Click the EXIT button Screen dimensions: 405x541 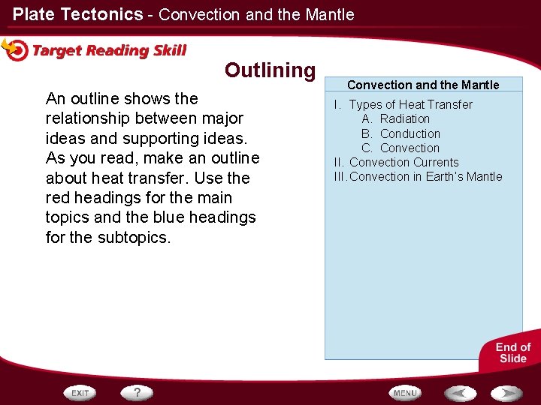pyautogui.click(x=80, y=392)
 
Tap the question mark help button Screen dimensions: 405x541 pyautogui.click(x=138, y=392)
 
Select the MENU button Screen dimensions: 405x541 pyautogui.click(x=404, y=392)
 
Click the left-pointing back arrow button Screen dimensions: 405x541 pyautogui.click(x=459, y=392)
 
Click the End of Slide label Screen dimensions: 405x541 pyautogui.click(x=513, y=352)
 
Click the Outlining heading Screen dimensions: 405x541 pyautogui.click(x=270, y=70)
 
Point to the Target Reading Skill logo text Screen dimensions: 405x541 pyautogui.click(x=109, y=51)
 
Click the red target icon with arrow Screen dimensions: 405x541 pyautogui.click(x=15, y=49)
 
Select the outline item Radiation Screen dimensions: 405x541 pyautogui.click(x=404, y=118)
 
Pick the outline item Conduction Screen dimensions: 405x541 pyautogui.click(x=410, y=133)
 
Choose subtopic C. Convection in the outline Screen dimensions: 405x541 pyautogui.click(x=410, y=148)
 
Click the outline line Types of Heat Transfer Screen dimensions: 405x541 pyautogui.click(x=410, y=104)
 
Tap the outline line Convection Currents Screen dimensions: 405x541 pyautogui.click(x=403, y=162)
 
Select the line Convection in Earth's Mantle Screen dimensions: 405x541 pyautogui.click(x=425, y=176)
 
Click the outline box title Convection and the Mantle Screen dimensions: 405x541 pyautogui.click(x=423, y=85)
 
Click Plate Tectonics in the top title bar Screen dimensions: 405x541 pyautogui.click(x=77, y=14)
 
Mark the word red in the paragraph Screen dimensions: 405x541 pyautogui.click(x=58, y=198)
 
